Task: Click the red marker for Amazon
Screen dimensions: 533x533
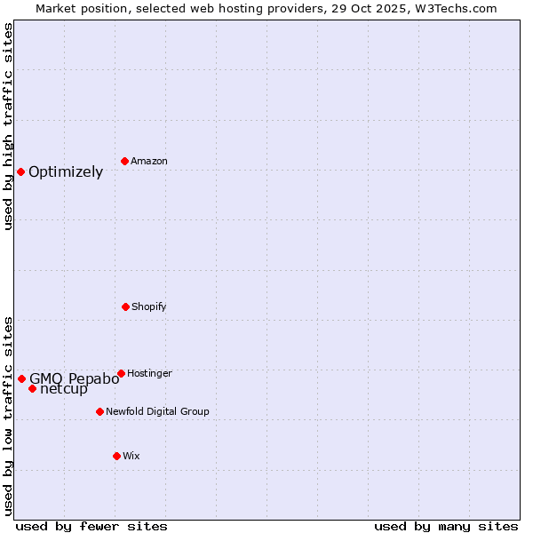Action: point(124,161)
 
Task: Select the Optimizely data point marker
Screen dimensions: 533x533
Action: point(20,171)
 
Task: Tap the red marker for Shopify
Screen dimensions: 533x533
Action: point(125,306)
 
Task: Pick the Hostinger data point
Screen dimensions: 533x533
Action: point(121,373)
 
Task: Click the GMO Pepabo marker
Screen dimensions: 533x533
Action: point(21,378)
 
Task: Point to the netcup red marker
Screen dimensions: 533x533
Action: point(32,388)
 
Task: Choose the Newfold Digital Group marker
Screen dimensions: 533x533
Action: point(99,411)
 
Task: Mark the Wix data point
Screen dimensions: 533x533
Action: point(116,456)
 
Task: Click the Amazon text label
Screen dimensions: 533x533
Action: point(149,161)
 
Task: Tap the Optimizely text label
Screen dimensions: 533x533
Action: point(66,172)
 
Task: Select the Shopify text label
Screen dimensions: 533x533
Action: point(149,306)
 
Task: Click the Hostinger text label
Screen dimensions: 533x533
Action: point(149,373)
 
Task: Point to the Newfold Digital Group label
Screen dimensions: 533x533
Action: point(157,411)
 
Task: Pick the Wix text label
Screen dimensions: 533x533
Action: point(131,456)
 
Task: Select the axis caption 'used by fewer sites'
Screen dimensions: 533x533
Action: point(91,526)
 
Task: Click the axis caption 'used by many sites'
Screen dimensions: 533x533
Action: point(446,526)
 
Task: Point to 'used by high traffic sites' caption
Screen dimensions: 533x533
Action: point(8,126)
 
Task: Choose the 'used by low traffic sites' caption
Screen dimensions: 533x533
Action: point(8,416)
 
